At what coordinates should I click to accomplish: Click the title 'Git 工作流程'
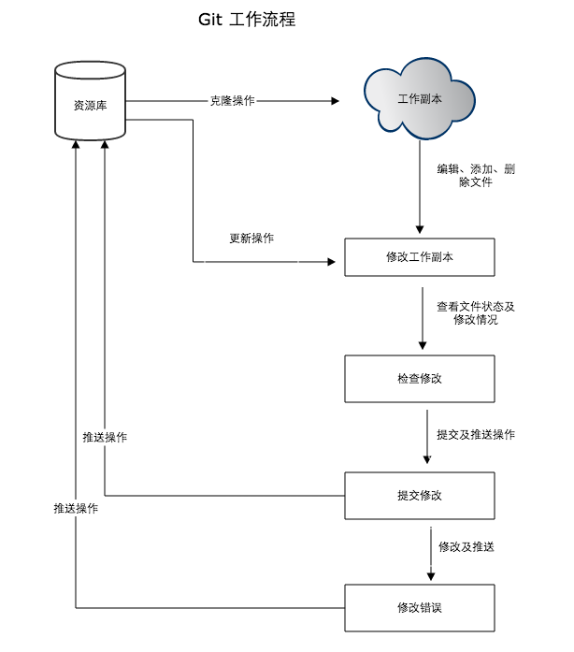(247, 20)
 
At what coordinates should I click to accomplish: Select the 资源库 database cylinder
(90, 103)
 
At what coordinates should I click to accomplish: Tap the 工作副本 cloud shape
(420, 99)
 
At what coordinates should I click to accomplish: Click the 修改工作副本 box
(419, 257)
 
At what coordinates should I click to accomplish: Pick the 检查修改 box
(419, 379)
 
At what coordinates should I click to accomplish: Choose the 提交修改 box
(419, 495)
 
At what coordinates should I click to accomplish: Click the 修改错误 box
(419, 608)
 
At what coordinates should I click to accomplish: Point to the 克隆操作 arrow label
(232, 100)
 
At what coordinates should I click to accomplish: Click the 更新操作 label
(251, 239)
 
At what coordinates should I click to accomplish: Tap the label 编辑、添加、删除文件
(475, 176)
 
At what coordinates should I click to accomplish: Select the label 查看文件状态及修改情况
(475, 312)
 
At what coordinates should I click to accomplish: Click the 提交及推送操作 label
(475, 435)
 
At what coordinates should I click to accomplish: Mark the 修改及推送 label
(466, 547)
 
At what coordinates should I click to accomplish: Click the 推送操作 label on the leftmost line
(76, 509)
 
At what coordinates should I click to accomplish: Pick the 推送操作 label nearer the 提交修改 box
(105, 438)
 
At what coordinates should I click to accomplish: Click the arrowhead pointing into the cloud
(334, 100)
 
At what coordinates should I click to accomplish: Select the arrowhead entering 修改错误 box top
(431, 577)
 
